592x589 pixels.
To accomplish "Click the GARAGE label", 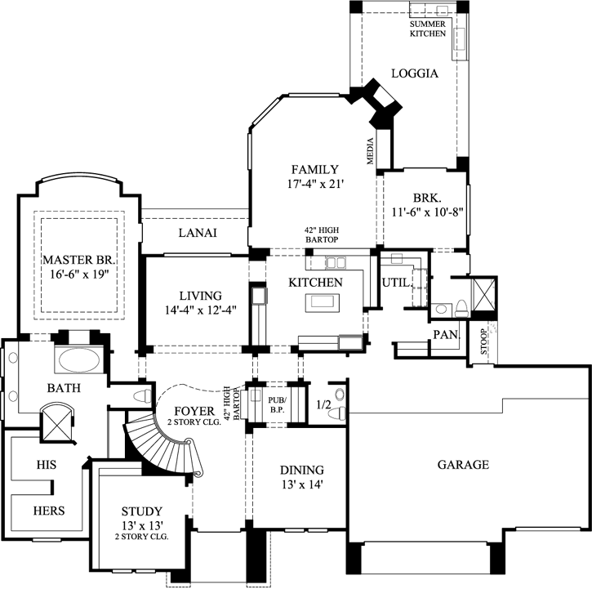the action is (x=463, y=464).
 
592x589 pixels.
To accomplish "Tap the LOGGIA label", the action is (x=415, y=74).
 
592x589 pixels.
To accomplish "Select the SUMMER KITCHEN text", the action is (x=428, y=29).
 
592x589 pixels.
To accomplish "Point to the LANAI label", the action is (x=198, y=233).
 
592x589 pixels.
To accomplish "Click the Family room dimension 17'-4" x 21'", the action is (x=315, y=184).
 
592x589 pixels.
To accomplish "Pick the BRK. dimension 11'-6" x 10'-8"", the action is (x=427, y=212).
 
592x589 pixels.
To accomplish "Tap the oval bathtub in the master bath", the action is (x=79, y=359).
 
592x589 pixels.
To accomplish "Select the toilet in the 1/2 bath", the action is (x=337, y=413).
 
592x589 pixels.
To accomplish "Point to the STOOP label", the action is (x=483, y=342).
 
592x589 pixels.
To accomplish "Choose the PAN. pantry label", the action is (x=447, y=335).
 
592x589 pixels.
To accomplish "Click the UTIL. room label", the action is (x=396, y=283).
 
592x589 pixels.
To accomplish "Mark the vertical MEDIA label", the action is (x=371, y=151).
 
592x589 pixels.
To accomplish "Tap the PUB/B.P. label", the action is (x=278, y=404).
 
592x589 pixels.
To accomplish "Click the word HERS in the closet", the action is (x=49, y=511).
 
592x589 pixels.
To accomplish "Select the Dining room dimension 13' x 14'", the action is (x=301, y=484).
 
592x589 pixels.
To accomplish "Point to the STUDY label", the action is (x=141, y=511).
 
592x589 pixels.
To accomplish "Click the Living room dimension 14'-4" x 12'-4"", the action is (x=201, y=310).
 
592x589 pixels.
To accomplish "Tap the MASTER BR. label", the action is (x=79, y=260).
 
